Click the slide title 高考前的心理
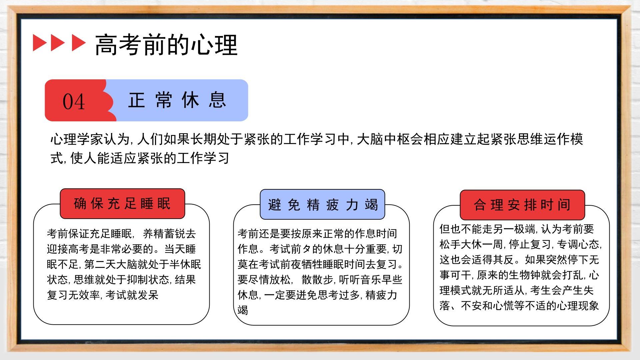[x=166, y=45]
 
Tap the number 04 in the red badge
[x=74, y=102]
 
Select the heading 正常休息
[x=177, y=100]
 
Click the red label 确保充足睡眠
[x=122, y=204]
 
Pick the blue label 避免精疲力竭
[x=322, y=204]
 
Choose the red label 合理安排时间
[x=522, y=205]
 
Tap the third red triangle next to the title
[x=79, y=43]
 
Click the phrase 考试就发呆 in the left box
[x=132, y=295]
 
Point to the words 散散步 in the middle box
[x=317, y=280]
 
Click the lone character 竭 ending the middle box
[x=243, y=310]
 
